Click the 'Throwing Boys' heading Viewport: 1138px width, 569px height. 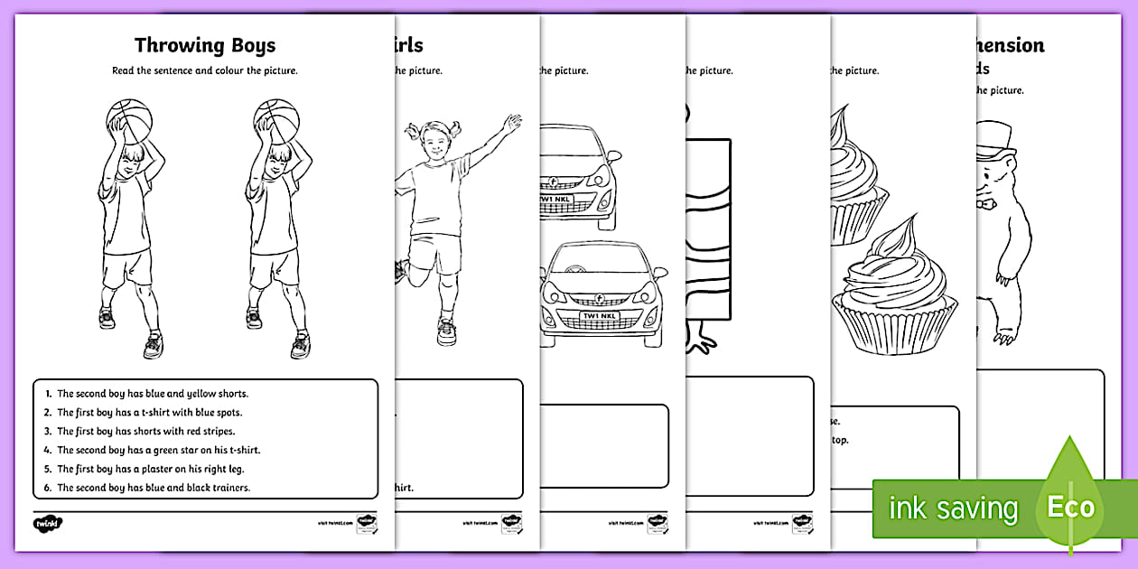(x=205, y=45)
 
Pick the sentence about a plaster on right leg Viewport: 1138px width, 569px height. (x=150, y=469)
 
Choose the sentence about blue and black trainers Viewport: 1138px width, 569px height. (x=153, y=488)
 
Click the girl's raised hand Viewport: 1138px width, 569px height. (x=513, y=123)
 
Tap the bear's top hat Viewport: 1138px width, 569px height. (x=997, y=138)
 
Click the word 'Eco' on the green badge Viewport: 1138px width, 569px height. (x=1071, y=507)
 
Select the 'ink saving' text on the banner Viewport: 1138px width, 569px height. (x=953, y=508)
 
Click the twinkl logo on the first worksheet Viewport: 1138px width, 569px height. (x=48, y=522)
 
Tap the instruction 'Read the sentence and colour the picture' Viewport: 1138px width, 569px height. (x=205, y=70)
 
